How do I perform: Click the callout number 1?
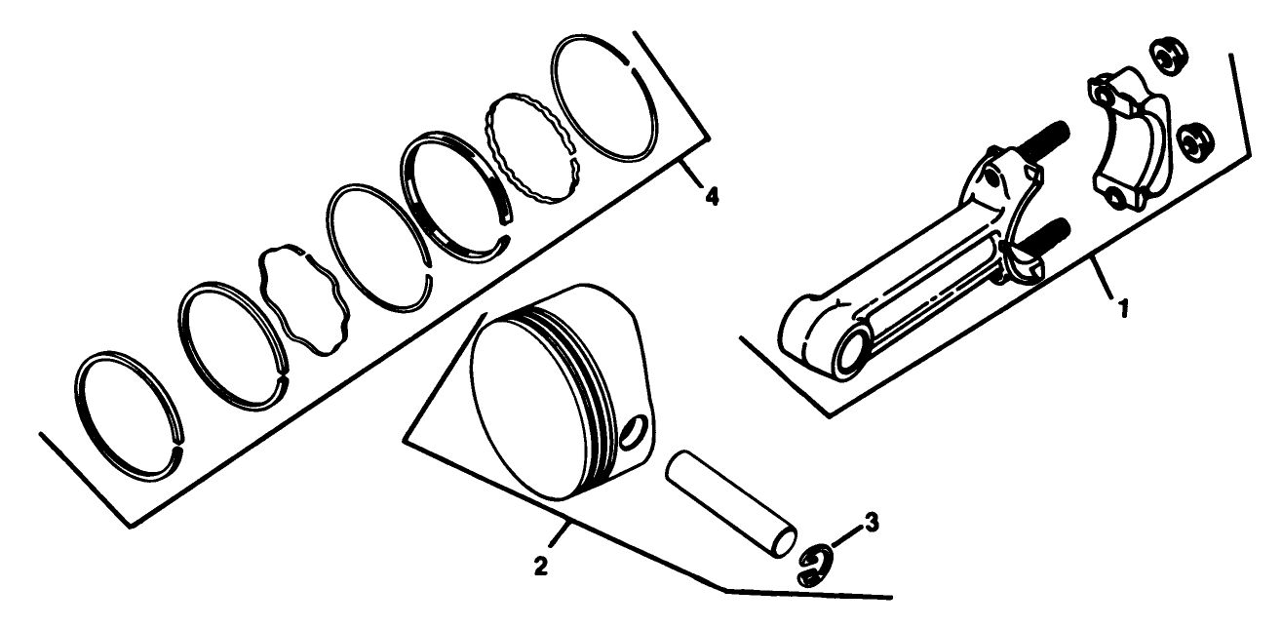pyautogui.click(x=1122, y=308)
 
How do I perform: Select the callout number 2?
pyautogui.click(x=539, y=564)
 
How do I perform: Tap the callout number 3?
pyautogui.click(x=872, y=524)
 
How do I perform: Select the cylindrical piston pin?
pyautogui.click(x=731, y=504)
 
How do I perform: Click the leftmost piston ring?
pyautogui.click(x=129, y=414)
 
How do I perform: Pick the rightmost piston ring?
pyautogui.click(x=604, y=98)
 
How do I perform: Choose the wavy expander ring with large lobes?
pyautogui.click(x=301, y=299)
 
